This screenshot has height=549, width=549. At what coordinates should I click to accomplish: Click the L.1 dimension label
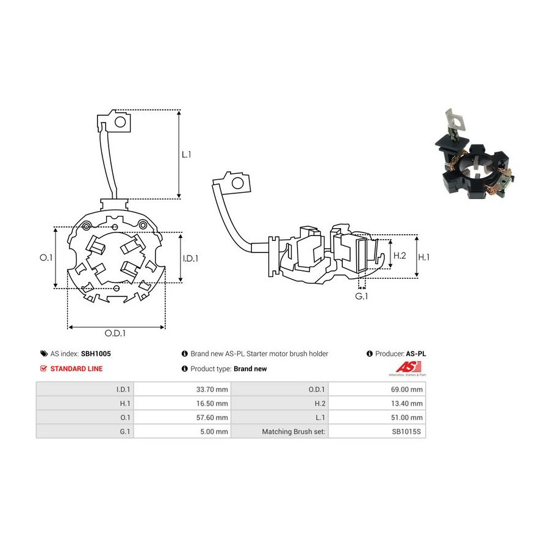coord(186,154)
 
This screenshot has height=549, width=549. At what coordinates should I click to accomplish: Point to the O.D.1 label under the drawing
coord(115,333)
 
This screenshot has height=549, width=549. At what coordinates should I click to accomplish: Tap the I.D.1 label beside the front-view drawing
coord(190,259)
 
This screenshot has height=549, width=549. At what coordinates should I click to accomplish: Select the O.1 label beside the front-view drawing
coord(46,257)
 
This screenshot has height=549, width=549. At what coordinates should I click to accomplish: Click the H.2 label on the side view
coord(400,256)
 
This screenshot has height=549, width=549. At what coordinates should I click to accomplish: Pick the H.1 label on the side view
coord(424,257)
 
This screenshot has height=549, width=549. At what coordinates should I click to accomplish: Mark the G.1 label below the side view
coord(362,296)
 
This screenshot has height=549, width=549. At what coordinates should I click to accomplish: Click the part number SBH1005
coord(96,354)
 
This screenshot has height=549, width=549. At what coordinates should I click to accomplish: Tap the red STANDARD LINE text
coord(77,368)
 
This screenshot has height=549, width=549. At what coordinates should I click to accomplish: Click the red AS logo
coord(408,367)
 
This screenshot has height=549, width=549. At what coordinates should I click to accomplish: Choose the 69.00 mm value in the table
coord(407,389)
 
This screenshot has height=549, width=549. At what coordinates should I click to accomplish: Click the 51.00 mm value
coord(407,417)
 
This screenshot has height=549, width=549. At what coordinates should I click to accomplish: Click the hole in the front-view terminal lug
coord(120,122)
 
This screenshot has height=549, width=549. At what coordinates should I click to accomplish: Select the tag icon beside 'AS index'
coord(44,354)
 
